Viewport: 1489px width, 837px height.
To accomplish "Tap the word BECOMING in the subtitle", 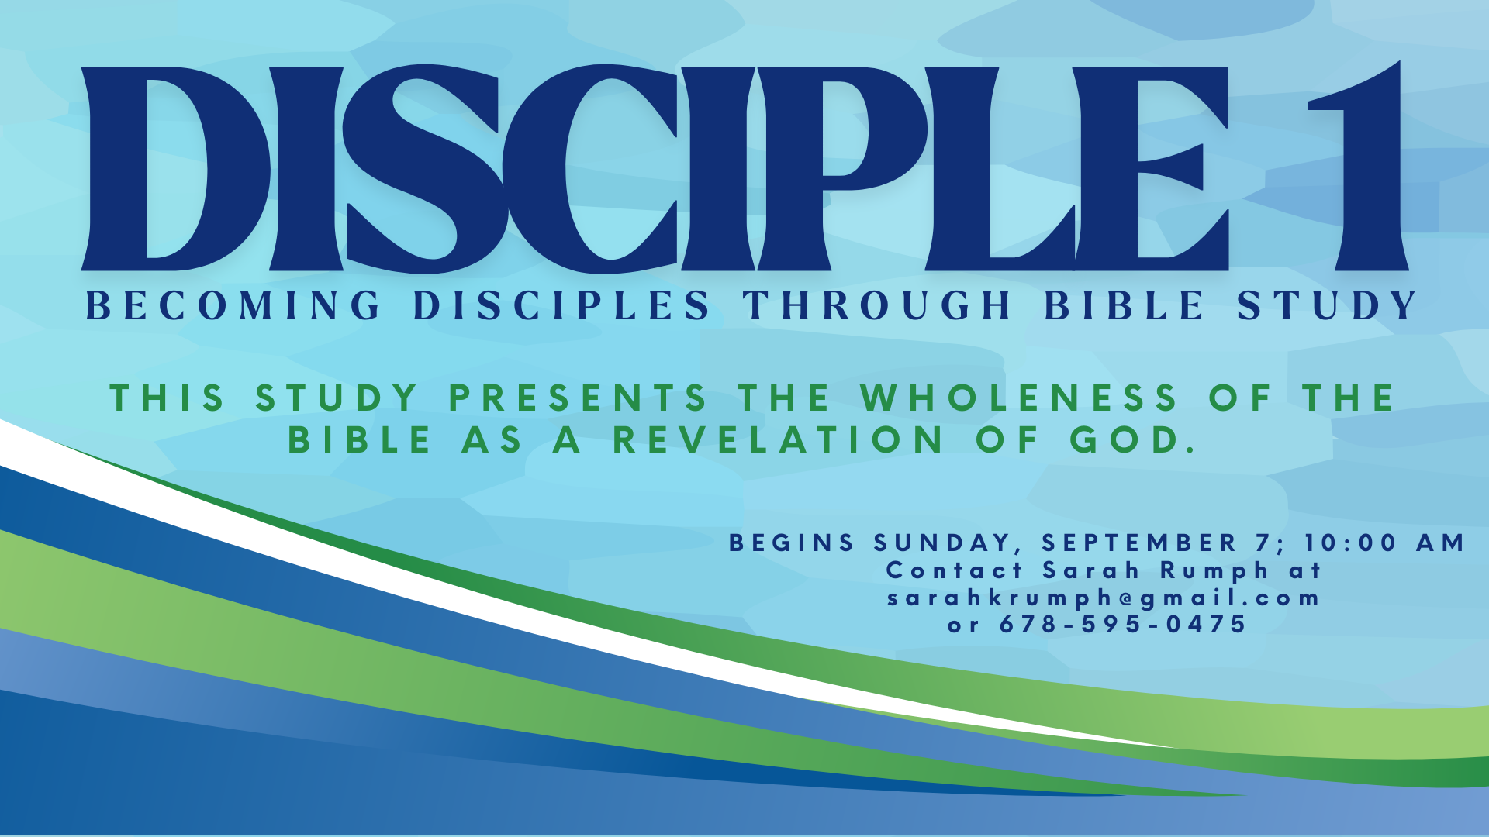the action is tap(233, 305).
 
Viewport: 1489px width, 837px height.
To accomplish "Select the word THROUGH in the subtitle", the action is tap(877, 305).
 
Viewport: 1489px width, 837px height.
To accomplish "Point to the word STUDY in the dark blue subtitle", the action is tap(1327, 305).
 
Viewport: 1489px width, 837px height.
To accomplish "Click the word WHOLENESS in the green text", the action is tap(1019, 398).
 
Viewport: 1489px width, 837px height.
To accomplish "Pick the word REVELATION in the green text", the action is tap(778, 440).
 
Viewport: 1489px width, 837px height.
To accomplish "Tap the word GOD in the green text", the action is tap(1133, 440).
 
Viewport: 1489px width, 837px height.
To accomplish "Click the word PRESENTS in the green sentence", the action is tap(578, 398).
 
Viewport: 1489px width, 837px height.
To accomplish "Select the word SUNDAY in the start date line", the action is tap(943, 542).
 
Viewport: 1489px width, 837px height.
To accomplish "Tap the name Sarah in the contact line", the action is tap(1090, 570).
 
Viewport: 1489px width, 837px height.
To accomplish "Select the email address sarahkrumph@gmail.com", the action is tap(1103, 599).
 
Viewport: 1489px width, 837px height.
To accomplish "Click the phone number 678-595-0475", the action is tap(1122, 624).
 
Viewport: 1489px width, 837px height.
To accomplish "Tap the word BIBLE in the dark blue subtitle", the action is tap(1124, 305).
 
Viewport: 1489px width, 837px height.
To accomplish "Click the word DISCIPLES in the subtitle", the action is tap(561, 305).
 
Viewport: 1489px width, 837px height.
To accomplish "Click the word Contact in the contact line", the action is tap(955, 570).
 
